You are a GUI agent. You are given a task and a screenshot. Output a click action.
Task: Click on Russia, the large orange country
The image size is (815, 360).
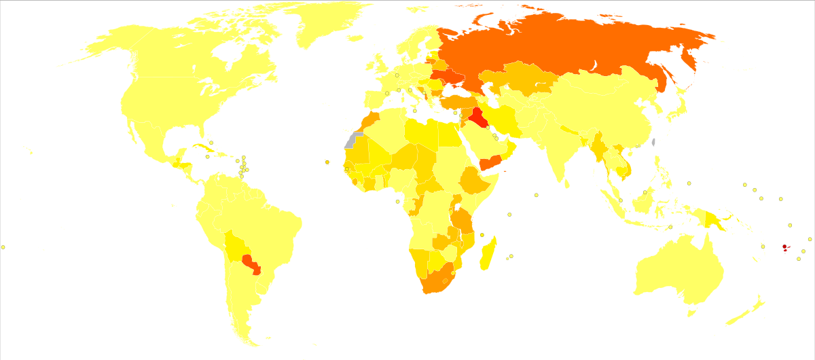[557, 48]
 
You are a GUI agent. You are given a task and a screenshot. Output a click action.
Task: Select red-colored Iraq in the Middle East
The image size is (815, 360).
[478, 117]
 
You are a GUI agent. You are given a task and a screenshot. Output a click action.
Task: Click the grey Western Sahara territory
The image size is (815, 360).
[352, 140]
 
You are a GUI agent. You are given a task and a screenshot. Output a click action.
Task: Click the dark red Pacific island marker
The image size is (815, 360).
[784, 247]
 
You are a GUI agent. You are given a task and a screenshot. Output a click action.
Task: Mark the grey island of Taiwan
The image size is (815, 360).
[653, 143]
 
